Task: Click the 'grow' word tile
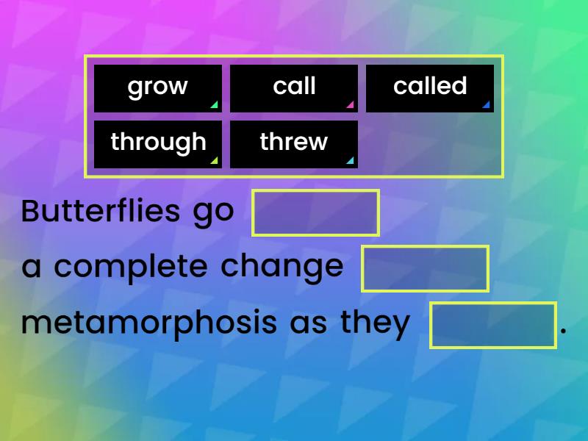157,87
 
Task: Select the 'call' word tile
293,87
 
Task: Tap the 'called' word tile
429,87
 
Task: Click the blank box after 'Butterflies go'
315,213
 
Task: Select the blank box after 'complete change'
425,269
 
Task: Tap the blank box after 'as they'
493,325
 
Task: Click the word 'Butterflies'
101,212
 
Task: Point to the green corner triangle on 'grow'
214,105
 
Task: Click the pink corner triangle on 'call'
350,105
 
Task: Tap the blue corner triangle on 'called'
486,105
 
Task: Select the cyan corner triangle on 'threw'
350,161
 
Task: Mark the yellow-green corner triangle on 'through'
214,161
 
